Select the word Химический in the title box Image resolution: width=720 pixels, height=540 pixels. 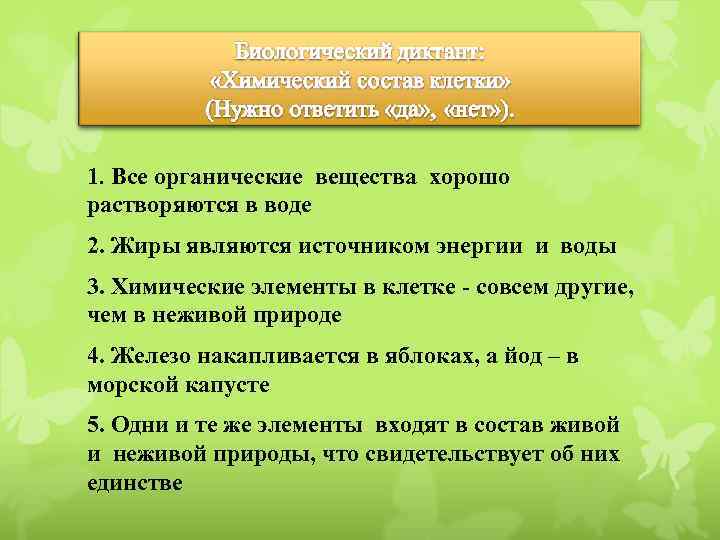[x=282, y=79]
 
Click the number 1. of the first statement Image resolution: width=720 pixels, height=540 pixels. [x=97, y=178]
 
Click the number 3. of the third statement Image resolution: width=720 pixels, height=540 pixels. [x=97, y=288]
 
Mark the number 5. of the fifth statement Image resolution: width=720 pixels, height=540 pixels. [x=97, y=425]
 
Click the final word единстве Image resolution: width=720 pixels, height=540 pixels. [x=135, y=481]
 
